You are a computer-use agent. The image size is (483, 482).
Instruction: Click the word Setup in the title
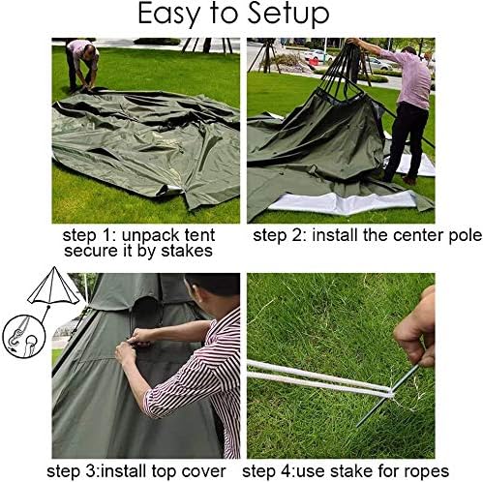coord(288,15)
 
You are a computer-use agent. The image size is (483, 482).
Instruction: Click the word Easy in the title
coord(170,15)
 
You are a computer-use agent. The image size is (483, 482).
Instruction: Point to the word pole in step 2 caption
coord(465,236)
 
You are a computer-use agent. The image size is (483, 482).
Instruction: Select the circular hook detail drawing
coord(24,336)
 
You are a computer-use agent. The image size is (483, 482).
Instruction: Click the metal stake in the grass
coord(387,396)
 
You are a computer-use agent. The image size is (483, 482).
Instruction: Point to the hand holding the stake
coord(417,329)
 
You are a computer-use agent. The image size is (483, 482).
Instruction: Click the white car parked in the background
coord(318,55)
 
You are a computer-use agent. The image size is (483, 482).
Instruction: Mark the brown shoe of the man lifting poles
coord(408,180)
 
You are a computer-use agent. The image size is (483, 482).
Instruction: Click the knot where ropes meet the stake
coord(391,393)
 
